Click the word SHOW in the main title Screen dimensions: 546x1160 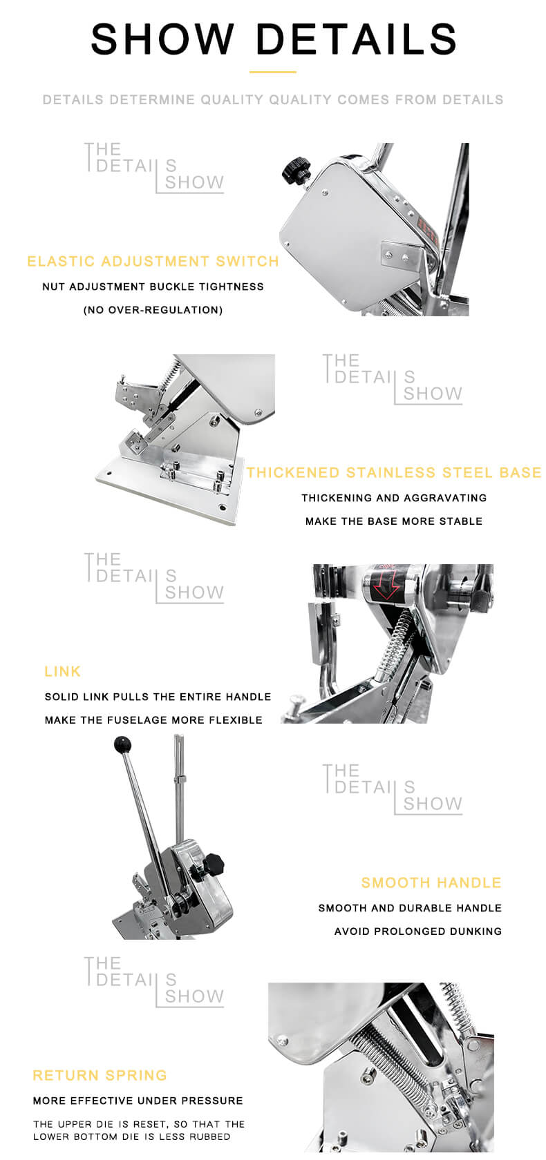point(162,39)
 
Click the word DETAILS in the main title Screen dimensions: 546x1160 point(357,39)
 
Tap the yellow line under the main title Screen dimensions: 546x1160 point(273,72)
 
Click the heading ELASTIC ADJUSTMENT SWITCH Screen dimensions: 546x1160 point(153,262)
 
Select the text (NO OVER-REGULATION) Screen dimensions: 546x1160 point(153,310)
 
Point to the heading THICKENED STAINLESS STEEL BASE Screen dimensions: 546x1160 point(394,473)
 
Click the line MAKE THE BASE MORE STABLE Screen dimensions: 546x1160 point(394,521)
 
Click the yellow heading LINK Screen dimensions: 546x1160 point(63,672)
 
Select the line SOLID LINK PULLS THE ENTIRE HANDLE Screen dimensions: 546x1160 point(158,697)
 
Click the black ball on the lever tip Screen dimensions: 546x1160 point(122,745)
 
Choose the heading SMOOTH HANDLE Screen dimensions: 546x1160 point(431,883)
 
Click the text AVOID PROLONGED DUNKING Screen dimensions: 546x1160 point(418,931)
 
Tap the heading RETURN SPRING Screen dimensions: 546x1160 point(100,1076)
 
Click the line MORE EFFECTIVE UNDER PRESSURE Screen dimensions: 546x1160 point(138,1101)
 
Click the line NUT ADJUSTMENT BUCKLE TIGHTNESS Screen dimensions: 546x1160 point(153,287)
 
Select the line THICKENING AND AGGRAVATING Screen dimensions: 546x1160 point(394,499)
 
